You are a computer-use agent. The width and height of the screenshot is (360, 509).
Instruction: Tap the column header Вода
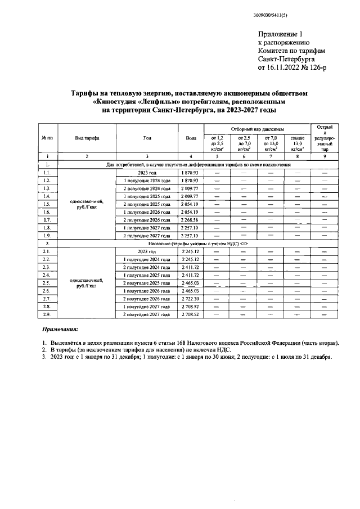tap(191, 138)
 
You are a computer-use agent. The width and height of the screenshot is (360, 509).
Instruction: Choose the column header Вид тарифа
tap(87, 138)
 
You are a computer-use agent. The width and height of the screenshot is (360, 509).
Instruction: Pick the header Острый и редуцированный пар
tap(325, 138)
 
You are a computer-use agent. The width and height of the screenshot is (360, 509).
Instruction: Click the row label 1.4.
tap(48, 196)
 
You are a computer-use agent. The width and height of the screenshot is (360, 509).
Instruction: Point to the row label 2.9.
tap(48, 314)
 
